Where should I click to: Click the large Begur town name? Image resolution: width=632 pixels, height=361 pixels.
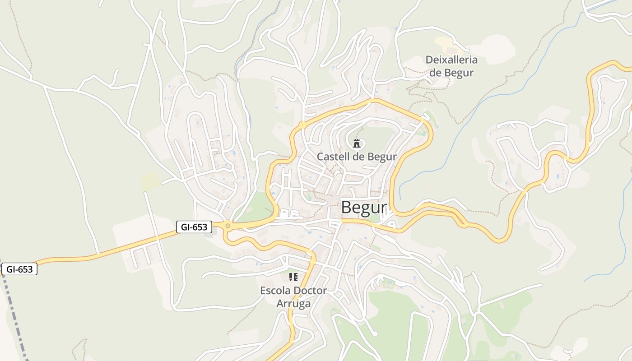[x=364, y=208]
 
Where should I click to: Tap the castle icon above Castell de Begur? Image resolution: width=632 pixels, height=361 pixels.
[x=357, y=144]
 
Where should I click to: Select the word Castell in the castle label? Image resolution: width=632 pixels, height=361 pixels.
[x=333, y=157]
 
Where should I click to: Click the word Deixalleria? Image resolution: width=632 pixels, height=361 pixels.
[x=451, y=60]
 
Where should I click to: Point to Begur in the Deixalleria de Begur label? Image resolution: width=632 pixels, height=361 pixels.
[x=459, y=73]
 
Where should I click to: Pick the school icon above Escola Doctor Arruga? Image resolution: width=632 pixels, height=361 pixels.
[x=293, y=277]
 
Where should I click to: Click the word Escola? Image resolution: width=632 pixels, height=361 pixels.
[x=275, y=291]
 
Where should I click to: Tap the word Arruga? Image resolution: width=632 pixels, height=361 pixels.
[x=293, y=304]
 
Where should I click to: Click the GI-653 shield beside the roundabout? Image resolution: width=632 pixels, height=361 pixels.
[x=194, y=227]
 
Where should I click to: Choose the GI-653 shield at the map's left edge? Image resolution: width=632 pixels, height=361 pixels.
[x=19, y=269]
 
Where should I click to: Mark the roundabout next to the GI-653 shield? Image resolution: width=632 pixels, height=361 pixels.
[x=228, y=226]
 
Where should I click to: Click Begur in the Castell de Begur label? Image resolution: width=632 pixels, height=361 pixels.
[x=382, y=157]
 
